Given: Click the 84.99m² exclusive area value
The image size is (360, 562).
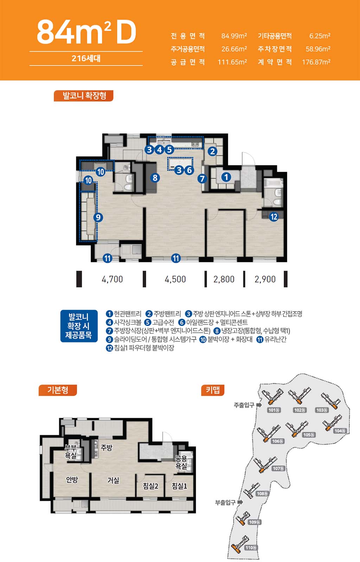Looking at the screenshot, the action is tap(234, 36).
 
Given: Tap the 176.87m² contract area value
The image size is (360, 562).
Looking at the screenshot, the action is tap(316, 62).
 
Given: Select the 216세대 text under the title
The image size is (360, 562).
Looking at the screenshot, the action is tap(86, 58).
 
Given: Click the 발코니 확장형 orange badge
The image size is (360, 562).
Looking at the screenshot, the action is tap(84, 96).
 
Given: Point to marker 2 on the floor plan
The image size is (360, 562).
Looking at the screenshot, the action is tap(212, 151).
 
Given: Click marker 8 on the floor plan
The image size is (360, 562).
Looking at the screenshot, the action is tap(155, 178).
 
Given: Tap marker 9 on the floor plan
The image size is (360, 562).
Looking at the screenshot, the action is tap(98, 217).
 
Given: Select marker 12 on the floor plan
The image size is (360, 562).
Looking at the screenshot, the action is tap(274, 217).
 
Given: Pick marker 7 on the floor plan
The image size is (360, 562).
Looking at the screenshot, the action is tap(202, 179).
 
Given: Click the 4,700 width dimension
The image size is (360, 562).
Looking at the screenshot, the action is tap(112, 279).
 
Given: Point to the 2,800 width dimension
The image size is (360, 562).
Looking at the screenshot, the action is tap(224, 279).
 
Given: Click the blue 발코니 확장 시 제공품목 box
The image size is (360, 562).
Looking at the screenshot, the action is tap(79, 326).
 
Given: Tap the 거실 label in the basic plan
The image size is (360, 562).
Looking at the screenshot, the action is tap(113, 480).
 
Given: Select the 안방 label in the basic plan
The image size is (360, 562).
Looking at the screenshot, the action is tap(72, 480).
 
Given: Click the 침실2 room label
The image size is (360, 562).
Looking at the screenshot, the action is tap(150, 486).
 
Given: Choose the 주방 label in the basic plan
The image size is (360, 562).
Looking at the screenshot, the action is tap(107, 447).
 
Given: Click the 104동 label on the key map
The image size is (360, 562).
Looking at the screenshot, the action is tap(340, 431).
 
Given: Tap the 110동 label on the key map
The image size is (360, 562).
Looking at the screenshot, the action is tap(251, 548).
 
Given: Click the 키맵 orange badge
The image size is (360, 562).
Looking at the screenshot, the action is tap(213, 390).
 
